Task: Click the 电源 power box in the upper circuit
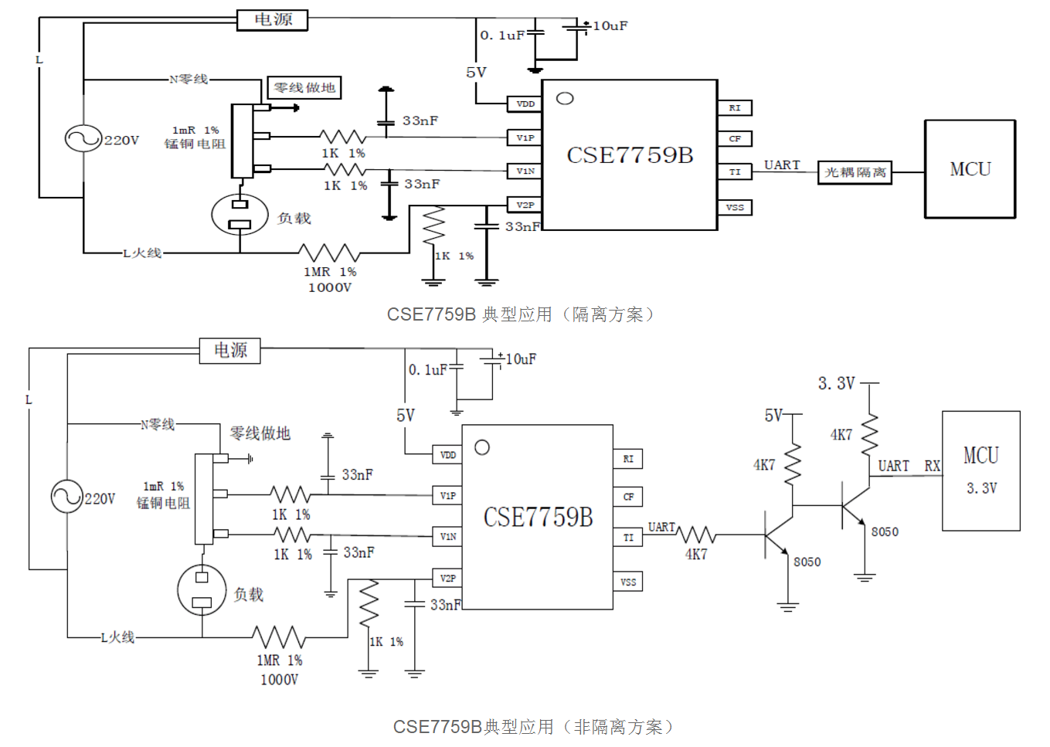point(272,20)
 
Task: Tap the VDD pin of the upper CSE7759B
point(525,104)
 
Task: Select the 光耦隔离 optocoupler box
point(855,172)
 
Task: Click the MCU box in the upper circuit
point(970,169)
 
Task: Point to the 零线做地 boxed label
point(304,88)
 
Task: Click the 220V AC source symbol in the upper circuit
point(83,139)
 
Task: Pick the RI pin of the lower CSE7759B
point(627,459)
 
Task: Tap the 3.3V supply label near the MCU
point(836,383)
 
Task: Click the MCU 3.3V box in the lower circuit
point(980,470)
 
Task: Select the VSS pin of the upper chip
point(735,207)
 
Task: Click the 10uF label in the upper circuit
point(610,26)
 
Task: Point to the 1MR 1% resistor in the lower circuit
point(278,637)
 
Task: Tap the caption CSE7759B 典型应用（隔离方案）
point(521,314)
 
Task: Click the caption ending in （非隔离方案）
point(534,727)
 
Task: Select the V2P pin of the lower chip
point(447,578)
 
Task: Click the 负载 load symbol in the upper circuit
point(240,215)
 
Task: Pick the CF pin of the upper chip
point(735,139)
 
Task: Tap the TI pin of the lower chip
point(627,538)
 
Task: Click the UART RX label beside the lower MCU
point(909,466)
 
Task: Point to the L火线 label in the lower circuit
point(117,637)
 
